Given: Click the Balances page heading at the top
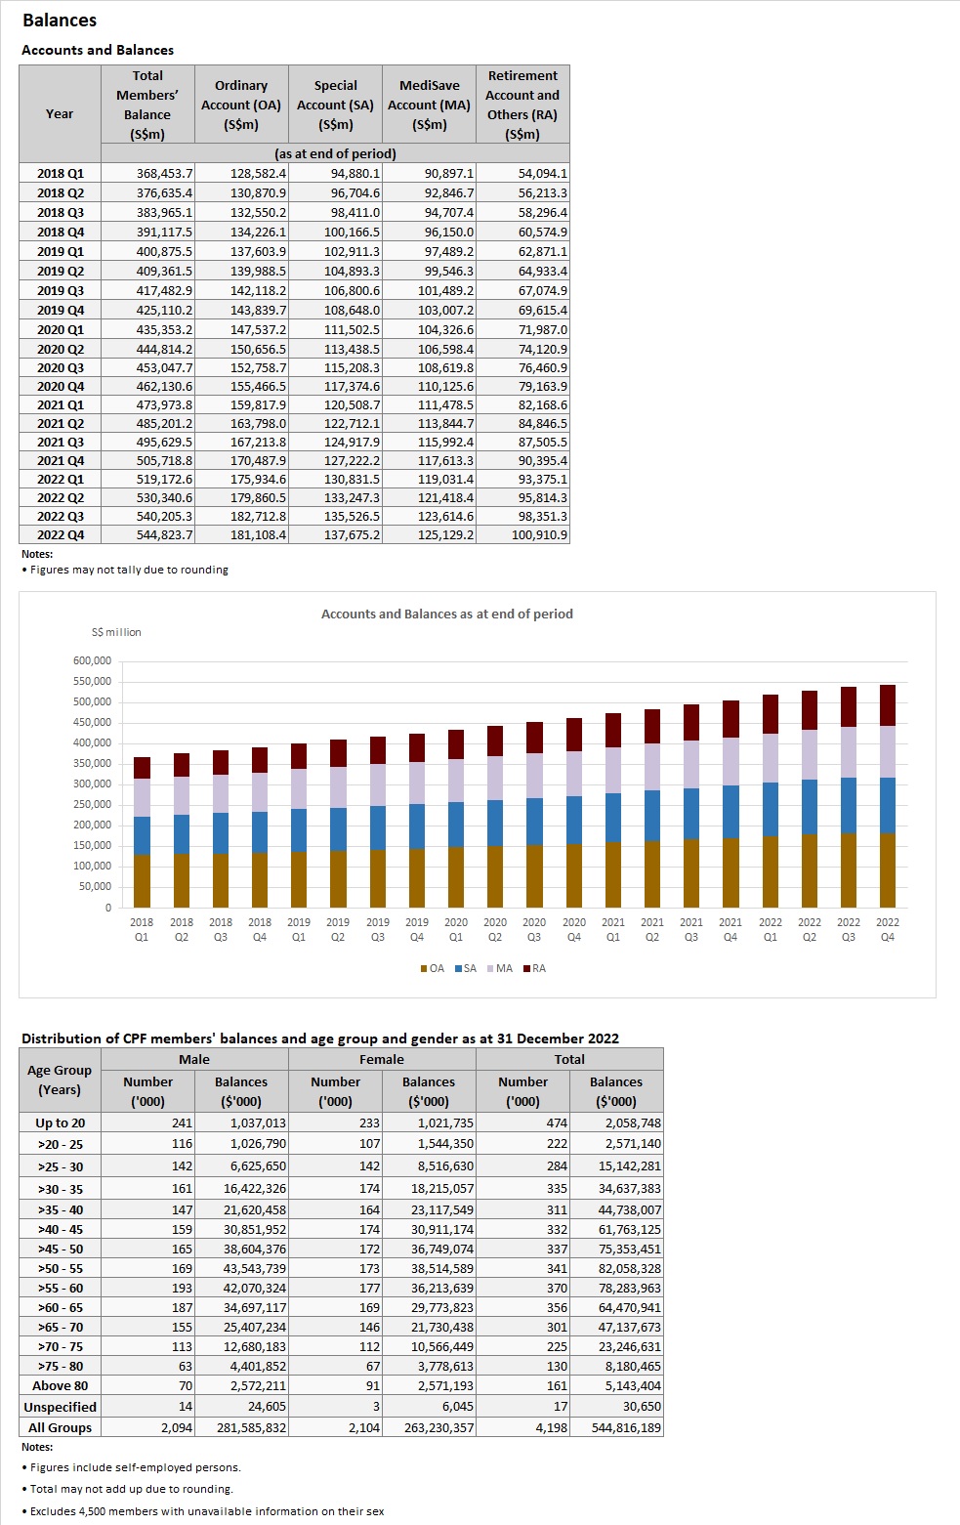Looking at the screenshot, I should point(60,21).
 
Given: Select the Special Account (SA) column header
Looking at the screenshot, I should point(335,105).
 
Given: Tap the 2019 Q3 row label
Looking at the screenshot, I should point(60,290).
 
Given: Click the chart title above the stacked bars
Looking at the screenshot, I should point(446,614).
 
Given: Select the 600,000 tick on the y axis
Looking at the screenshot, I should point(92,660).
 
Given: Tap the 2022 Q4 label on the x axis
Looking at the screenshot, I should point(887,929).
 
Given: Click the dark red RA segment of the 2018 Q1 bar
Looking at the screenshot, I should point(142,768).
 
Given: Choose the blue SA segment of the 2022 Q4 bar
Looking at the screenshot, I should point(887,805).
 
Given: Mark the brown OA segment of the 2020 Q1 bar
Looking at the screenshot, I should point(456,876).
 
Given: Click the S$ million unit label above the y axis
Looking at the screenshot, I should point(116,632).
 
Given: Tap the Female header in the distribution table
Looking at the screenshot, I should point(381,1059).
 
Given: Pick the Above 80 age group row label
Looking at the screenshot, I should point(60,1385).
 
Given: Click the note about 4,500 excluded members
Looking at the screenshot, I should point(206,1511).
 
